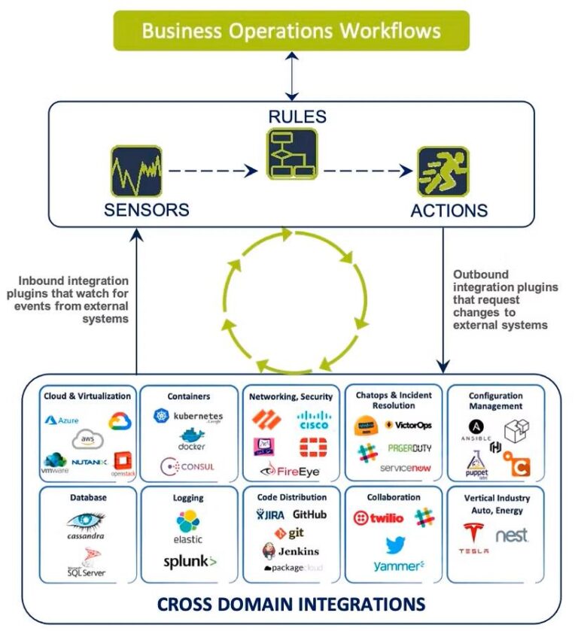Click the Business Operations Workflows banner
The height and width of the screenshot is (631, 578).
point(291,31)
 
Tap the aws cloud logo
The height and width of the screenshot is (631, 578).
point(87,439)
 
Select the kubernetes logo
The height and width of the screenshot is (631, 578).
point(188,416)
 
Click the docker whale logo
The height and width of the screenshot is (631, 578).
point(191,440)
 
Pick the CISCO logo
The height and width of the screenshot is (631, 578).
point(313,420)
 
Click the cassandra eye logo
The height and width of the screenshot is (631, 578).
point(85,521)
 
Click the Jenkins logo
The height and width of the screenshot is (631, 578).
point(294,551)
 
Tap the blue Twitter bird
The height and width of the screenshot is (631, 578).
point(396,545)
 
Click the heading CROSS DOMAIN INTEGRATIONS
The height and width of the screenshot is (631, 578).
point(291,603)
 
